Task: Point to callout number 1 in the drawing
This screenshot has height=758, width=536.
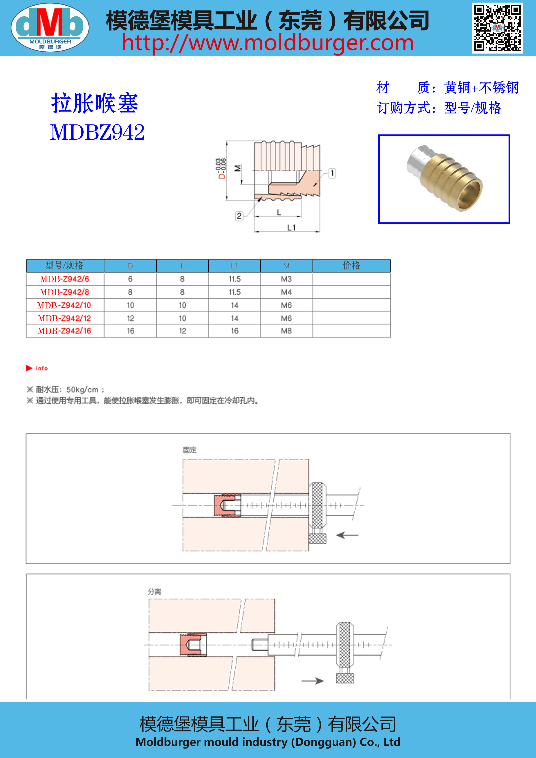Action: [332, 173]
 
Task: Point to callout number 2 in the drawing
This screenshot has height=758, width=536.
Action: [239, 216]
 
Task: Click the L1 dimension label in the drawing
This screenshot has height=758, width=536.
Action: [291, 227]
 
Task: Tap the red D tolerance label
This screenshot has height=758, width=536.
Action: [221, 168]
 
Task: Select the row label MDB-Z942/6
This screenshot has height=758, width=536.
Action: [65, 279]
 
